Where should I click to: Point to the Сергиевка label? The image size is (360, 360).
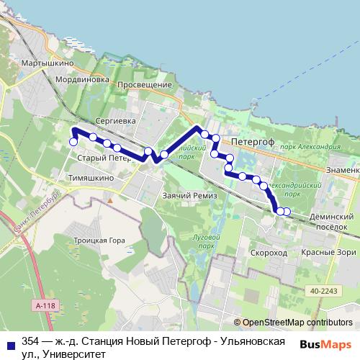pos(116,121)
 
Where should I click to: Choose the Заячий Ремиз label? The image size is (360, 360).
pos(185,196)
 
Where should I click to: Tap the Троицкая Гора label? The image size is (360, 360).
pos(99,240)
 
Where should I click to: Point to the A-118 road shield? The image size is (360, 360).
pos(44,305)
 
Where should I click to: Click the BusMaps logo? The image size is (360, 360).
pos(330,344)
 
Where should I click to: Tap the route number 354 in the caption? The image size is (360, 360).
pos(31,341)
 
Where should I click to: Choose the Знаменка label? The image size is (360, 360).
pos(342,170)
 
